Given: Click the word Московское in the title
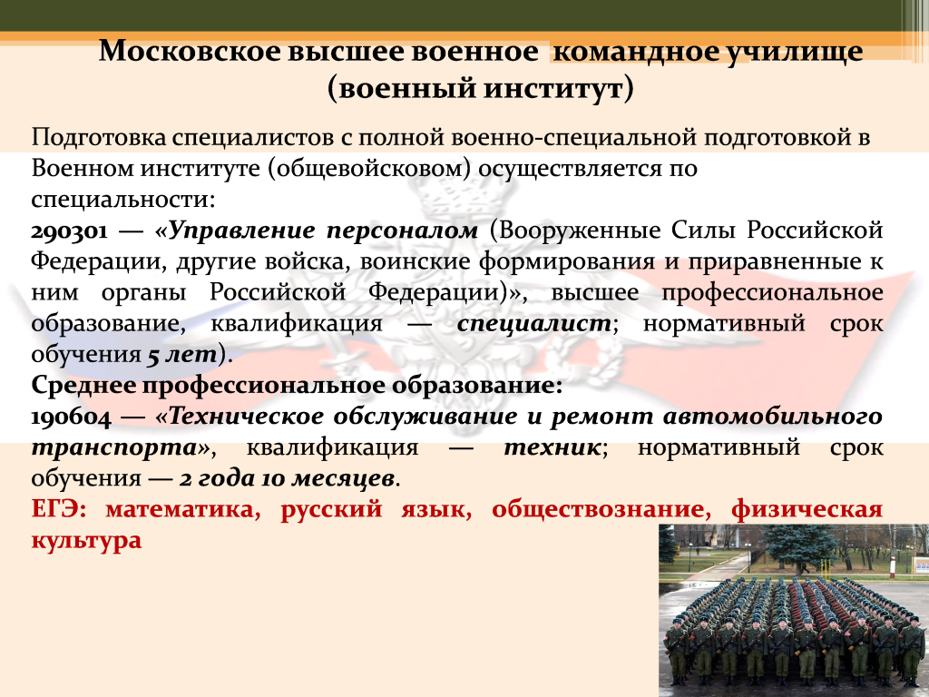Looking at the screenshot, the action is [190, 51].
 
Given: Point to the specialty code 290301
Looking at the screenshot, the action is [69, 231].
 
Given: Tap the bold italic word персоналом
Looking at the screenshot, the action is [402, 231].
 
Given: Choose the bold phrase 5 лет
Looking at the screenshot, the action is [181, 355].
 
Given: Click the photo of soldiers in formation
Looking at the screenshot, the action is [794, 611].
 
